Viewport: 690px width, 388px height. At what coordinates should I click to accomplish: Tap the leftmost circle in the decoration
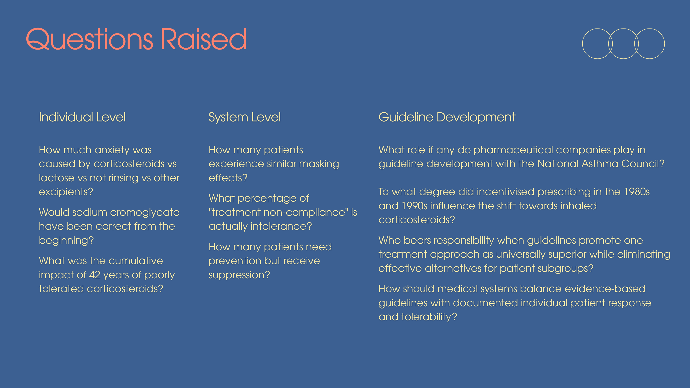(583, 44)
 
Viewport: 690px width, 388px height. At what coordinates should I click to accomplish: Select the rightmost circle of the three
(665, 44)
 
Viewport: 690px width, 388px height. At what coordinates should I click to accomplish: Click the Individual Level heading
(82, 117)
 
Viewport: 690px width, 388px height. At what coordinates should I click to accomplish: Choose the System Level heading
(245, 117)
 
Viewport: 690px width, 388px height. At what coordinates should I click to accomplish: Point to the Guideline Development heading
(447, 117)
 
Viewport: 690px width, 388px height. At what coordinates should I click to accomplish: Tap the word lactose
(57, 178)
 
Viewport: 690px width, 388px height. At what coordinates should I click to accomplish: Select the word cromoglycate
(145, 213)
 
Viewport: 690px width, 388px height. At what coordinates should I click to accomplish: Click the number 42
(95, 275)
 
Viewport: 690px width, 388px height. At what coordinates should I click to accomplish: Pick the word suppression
(239, 275)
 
